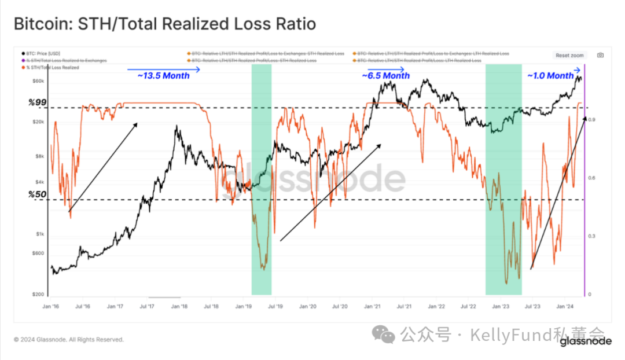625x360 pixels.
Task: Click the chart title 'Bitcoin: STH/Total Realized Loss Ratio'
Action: [165, 24]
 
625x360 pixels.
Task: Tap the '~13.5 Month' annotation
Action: [163, 76]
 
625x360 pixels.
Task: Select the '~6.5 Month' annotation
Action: [385, 76]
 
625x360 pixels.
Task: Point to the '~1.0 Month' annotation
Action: [550, 76]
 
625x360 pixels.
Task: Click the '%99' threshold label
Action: [37, 102]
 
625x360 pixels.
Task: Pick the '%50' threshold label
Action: [37, 194]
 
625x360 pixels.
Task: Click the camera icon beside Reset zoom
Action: [600, 56]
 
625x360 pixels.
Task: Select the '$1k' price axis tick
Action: [40, 234]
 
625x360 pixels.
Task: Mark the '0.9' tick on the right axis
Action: [593, 120]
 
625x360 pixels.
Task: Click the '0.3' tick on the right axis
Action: [593, 236]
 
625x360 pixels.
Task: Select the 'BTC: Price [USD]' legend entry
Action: [44, 54]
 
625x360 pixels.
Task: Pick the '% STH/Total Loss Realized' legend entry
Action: [53, 68]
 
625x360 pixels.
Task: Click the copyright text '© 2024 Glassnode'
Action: [68, 340]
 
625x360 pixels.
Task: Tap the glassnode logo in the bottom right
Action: [586, 341]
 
